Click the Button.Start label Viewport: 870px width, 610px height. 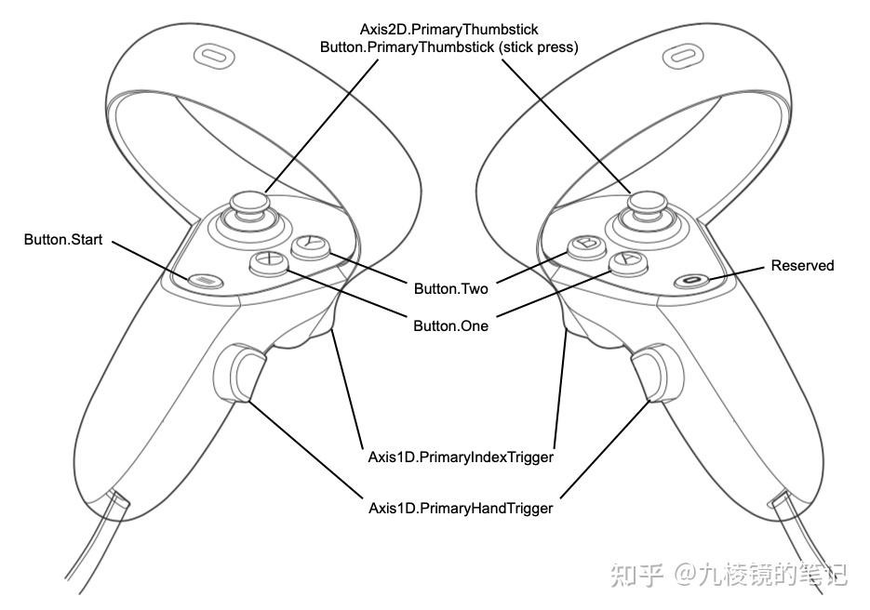[x=62, y=240]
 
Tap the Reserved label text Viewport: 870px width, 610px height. [x=802, y=266]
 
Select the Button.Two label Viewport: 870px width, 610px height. [x=451, y=289]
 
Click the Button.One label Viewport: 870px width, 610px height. [x=451, y=326]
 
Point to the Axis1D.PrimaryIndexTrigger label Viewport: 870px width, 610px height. [x=461, y=457]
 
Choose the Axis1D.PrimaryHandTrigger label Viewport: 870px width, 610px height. [x=461, y=509]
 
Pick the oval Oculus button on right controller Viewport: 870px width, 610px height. [x=689, y=279]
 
